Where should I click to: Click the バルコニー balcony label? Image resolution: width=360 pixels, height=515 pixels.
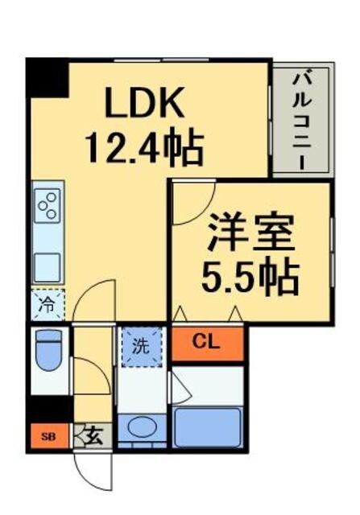pyautogui.click(x=302, y=119)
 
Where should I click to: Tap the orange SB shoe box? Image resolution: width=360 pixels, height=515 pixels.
pyautogui.click(x=48, y=437)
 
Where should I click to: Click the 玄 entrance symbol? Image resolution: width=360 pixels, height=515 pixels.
pyautogui.click(x=91, y=437)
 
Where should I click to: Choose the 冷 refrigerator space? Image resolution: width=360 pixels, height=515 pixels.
pyautogui.click(x=47, y=305)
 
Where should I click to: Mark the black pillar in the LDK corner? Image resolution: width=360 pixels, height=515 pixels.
pyautogui.click(x=46, y=78)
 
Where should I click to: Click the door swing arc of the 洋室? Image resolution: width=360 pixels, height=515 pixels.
pyautogui.click(x=191, y=203)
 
